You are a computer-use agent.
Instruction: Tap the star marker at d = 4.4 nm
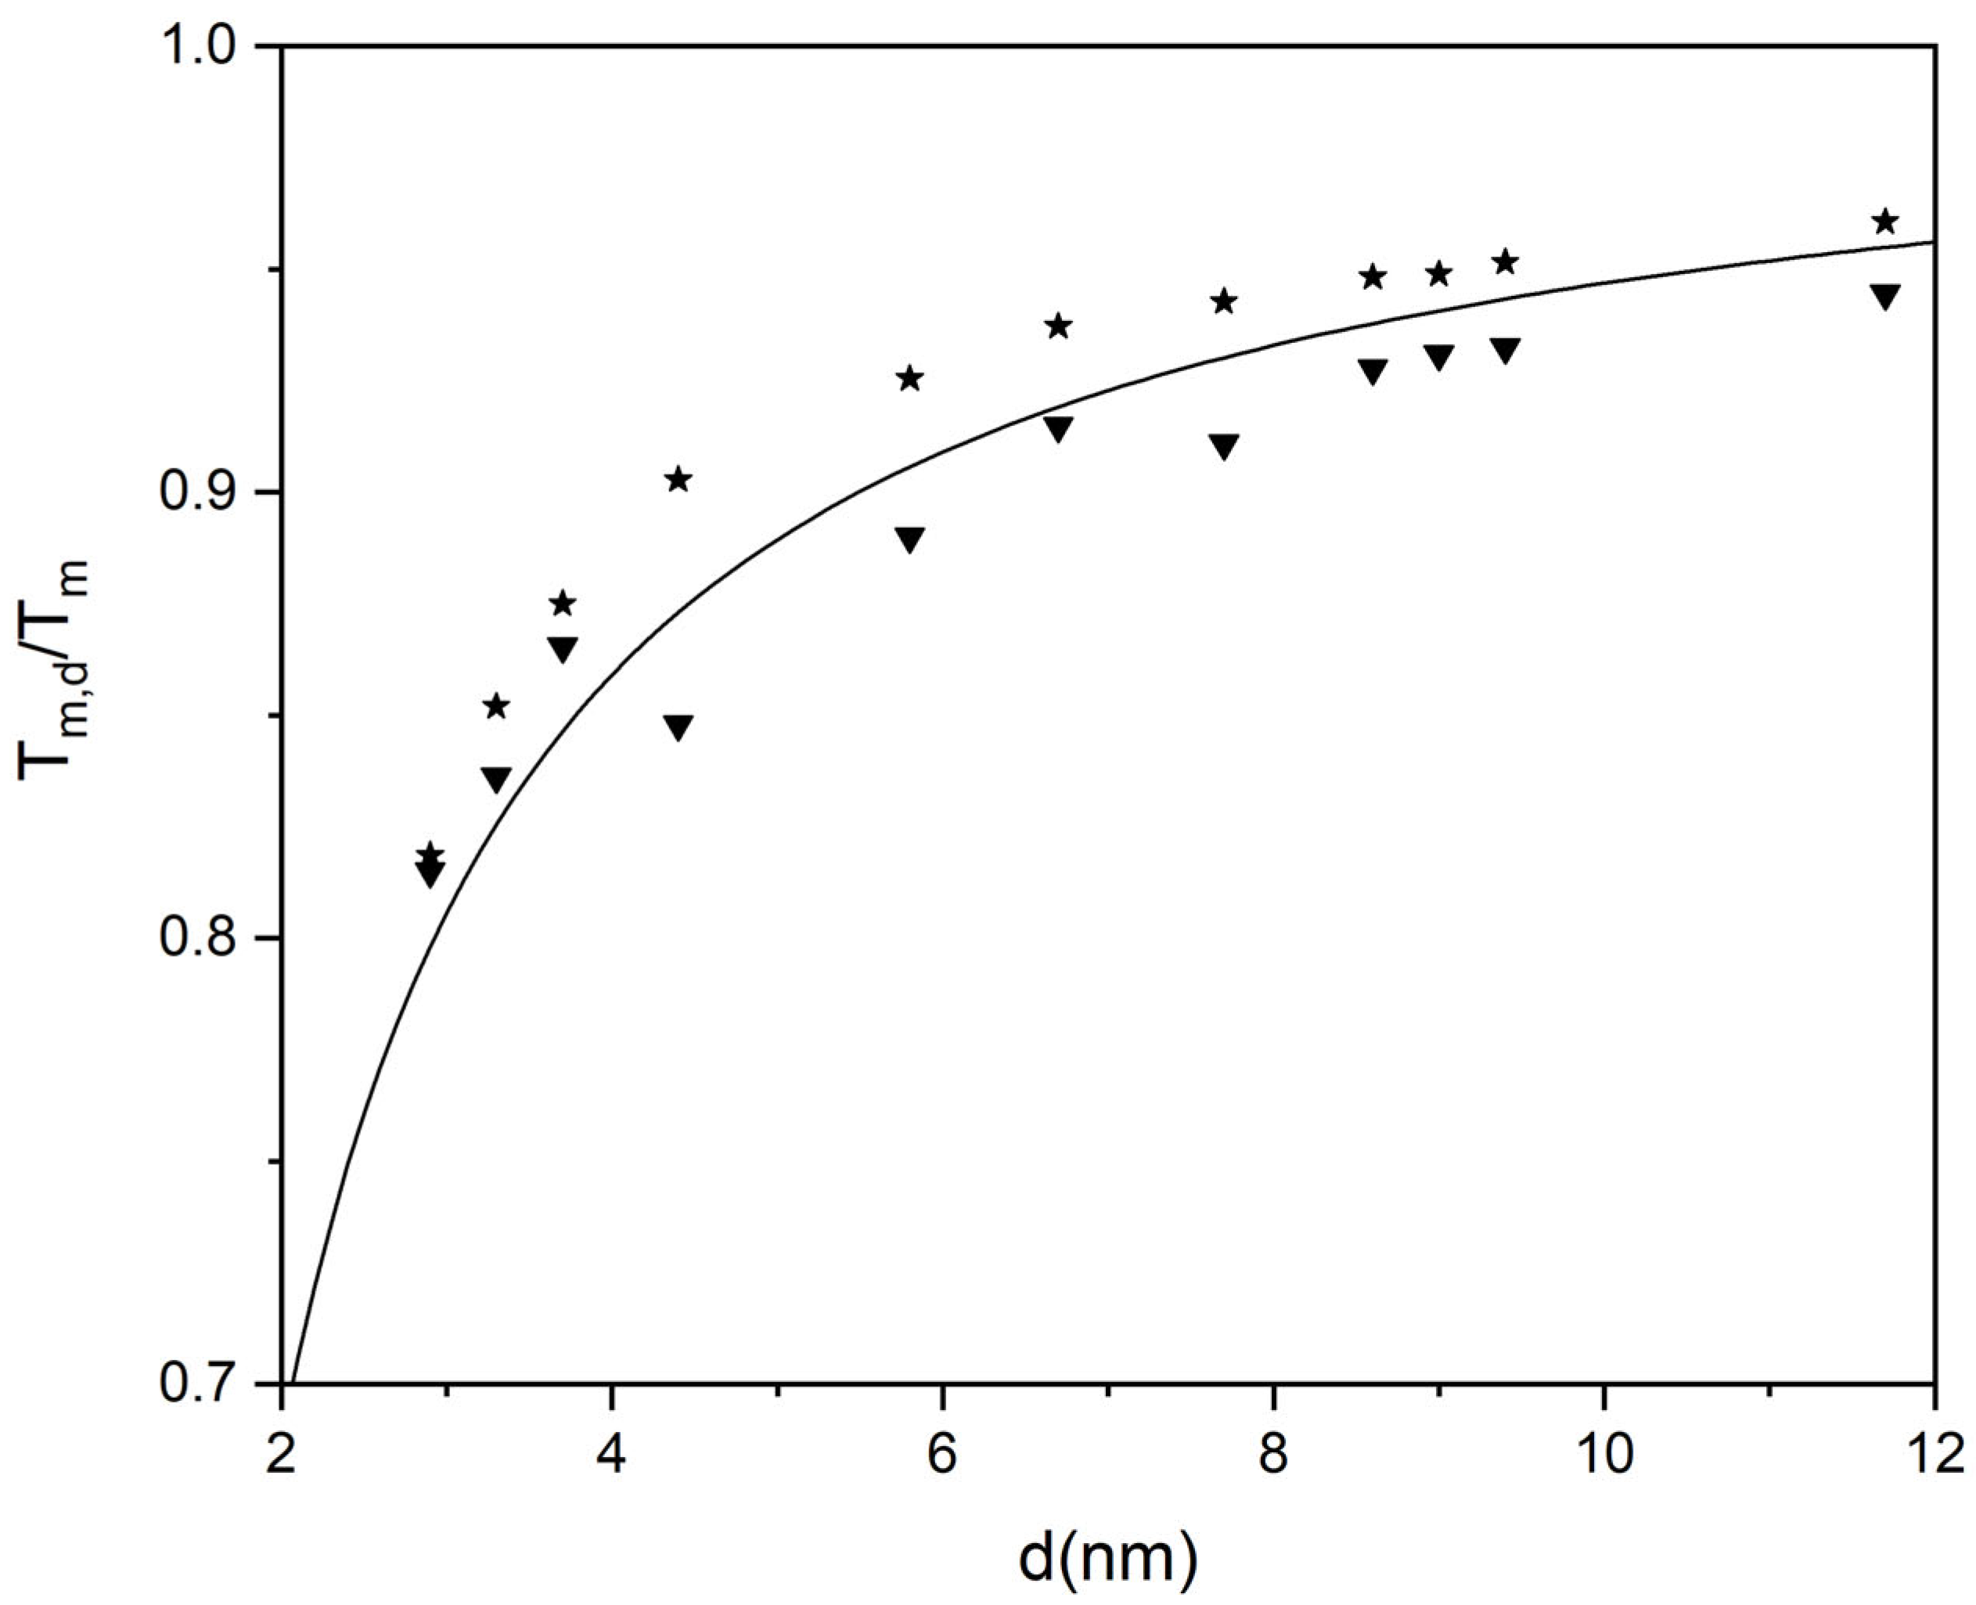(678, 479)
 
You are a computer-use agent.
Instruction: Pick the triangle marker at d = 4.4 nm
(678, 727)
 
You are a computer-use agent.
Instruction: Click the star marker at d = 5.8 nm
(910, 378)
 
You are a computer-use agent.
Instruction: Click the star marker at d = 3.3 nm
(496, 707)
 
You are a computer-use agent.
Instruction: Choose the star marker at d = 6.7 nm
(1058, 326)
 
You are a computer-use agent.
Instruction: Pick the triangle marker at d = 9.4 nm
(1506, 349)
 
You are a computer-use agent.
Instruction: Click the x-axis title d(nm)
(1107, 1554)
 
